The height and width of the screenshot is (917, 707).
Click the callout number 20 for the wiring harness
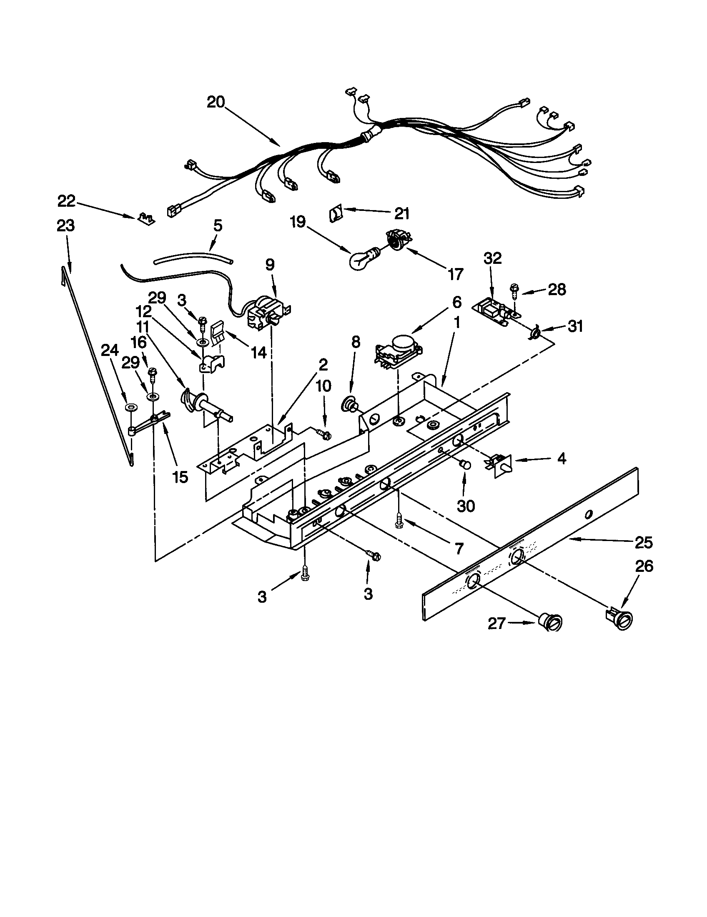point(216,102)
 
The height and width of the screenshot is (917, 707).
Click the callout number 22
point(66,201)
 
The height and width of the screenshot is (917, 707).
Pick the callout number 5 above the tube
point(218,225)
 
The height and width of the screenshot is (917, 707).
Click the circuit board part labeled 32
point(494,310)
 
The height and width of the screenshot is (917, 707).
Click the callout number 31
point(575,326)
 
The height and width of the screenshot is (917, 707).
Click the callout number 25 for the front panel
point(644,542)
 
